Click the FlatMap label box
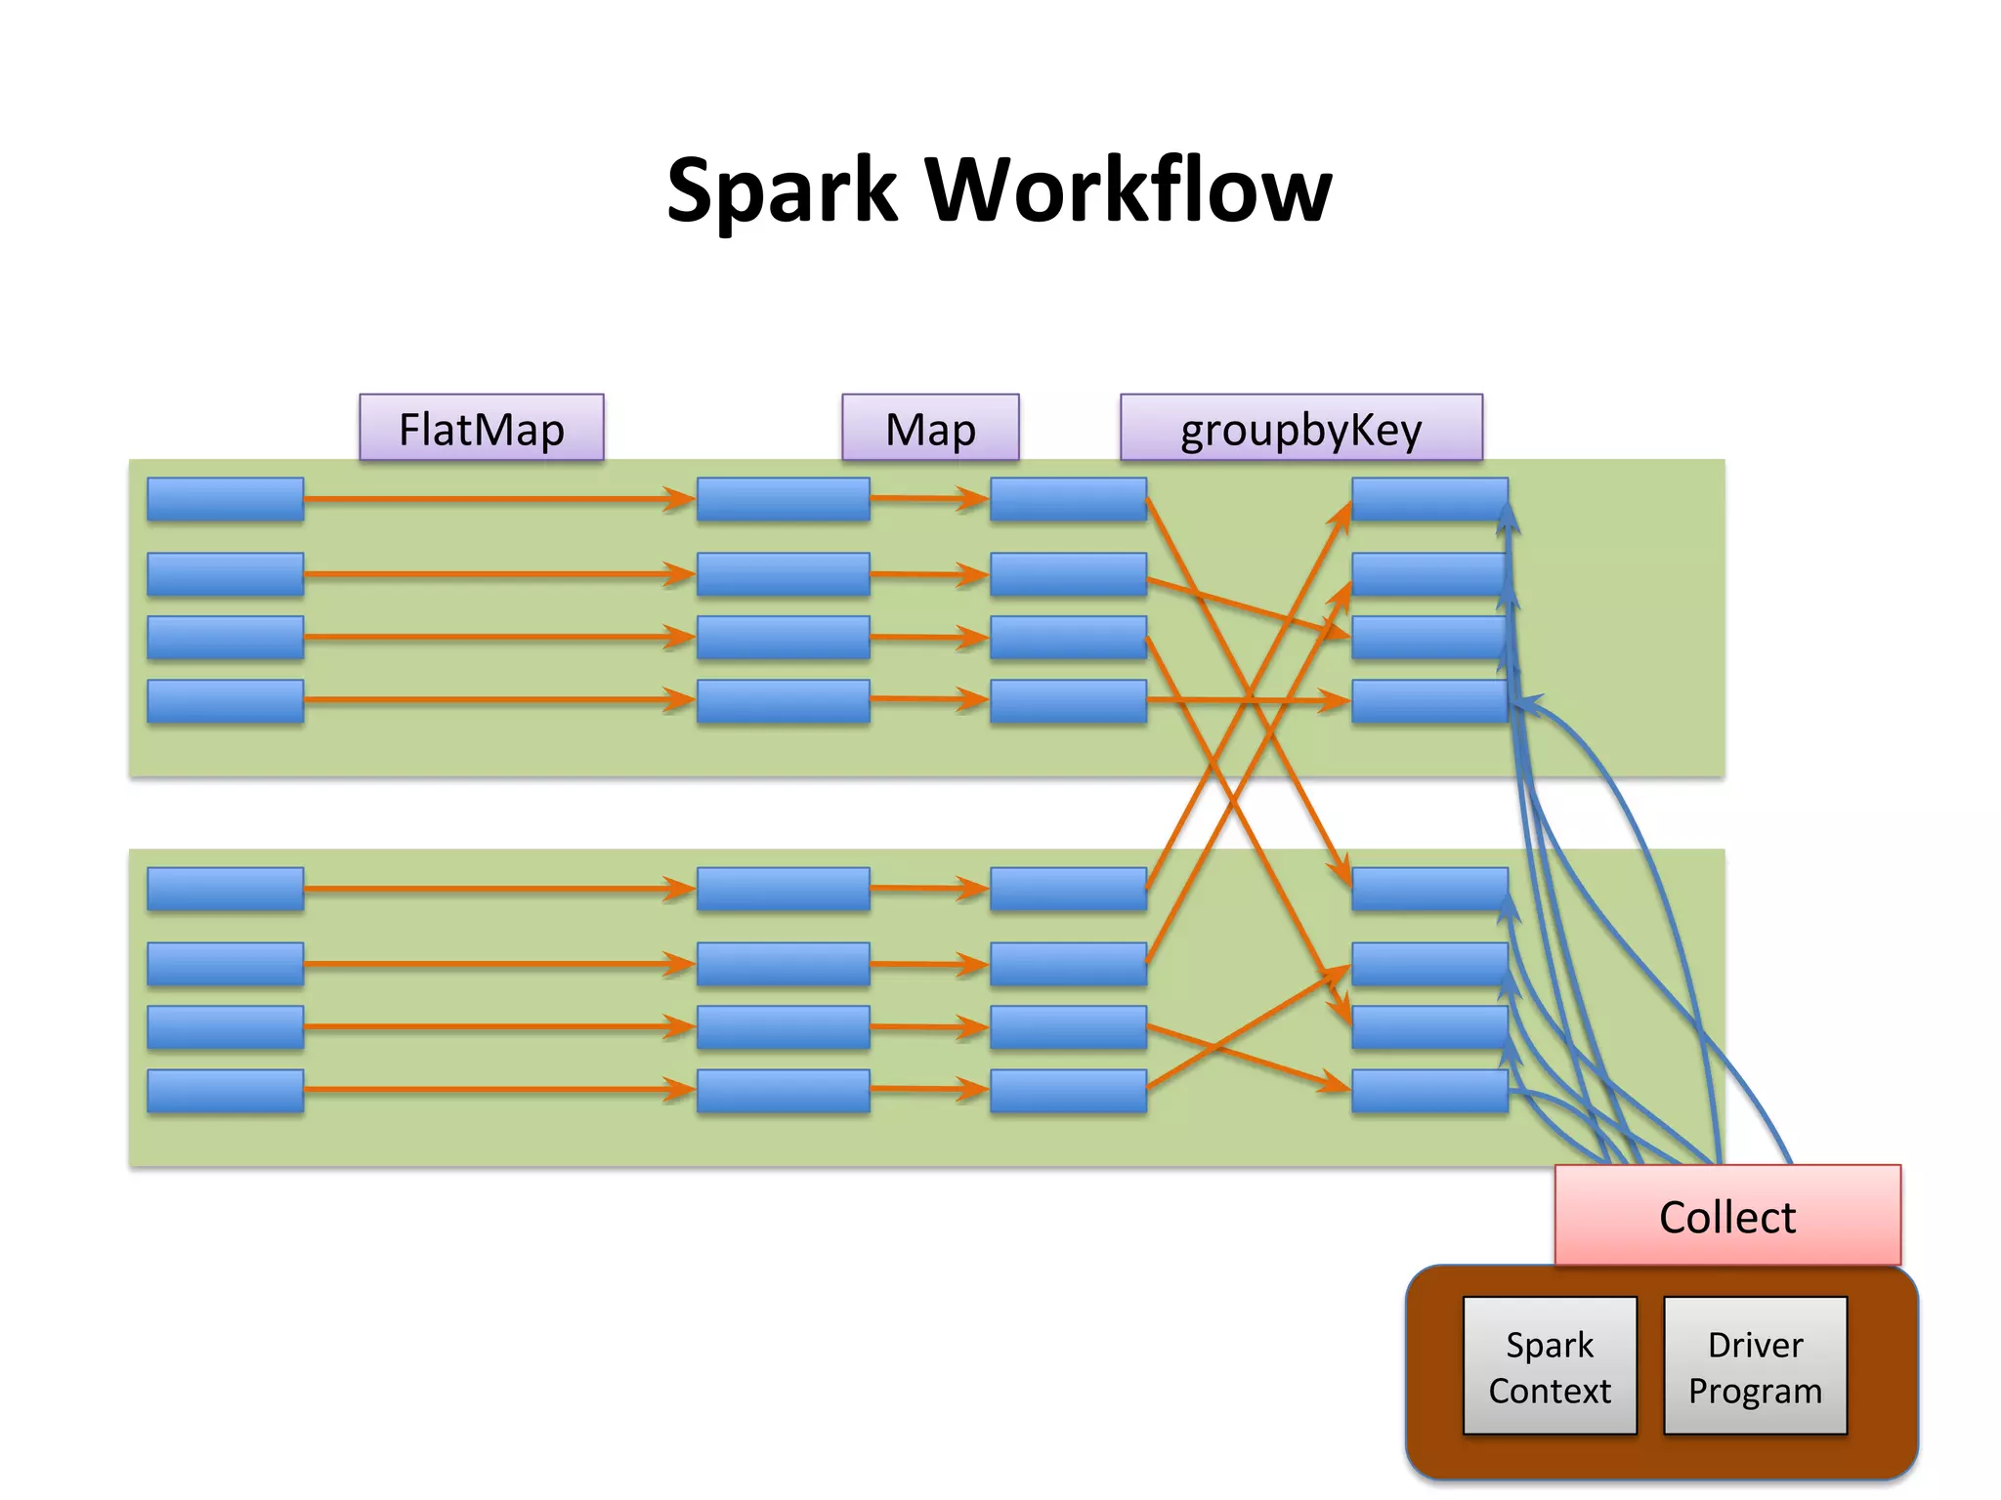[x=482, y=428]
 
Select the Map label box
[x=930, y=428]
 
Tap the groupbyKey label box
[x=1300, y=428]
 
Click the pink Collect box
[x=1727, y=1216]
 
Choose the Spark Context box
[x=1550, y=1365]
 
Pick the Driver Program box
[x=1755, y=1365]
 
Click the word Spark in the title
[x=782, y=190]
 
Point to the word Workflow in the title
[x=1128, y=190]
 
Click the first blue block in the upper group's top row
[x=226, y=499]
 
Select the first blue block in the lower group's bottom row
[x=226, y=1091]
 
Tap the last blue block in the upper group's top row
[x=1428, y=499]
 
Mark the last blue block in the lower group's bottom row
[x=1428, y=1091]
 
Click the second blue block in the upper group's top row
[x=783, y=499]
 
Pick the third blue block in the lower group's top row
[x=1068, y=889]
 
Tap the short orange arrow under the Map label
[x=928, y=499]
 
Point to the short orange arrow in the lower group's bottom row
[x=928, y=1089]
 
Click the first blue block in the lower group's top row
[x=226, y=889]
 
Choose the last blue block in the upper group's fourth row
[x=1428, y=701]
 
